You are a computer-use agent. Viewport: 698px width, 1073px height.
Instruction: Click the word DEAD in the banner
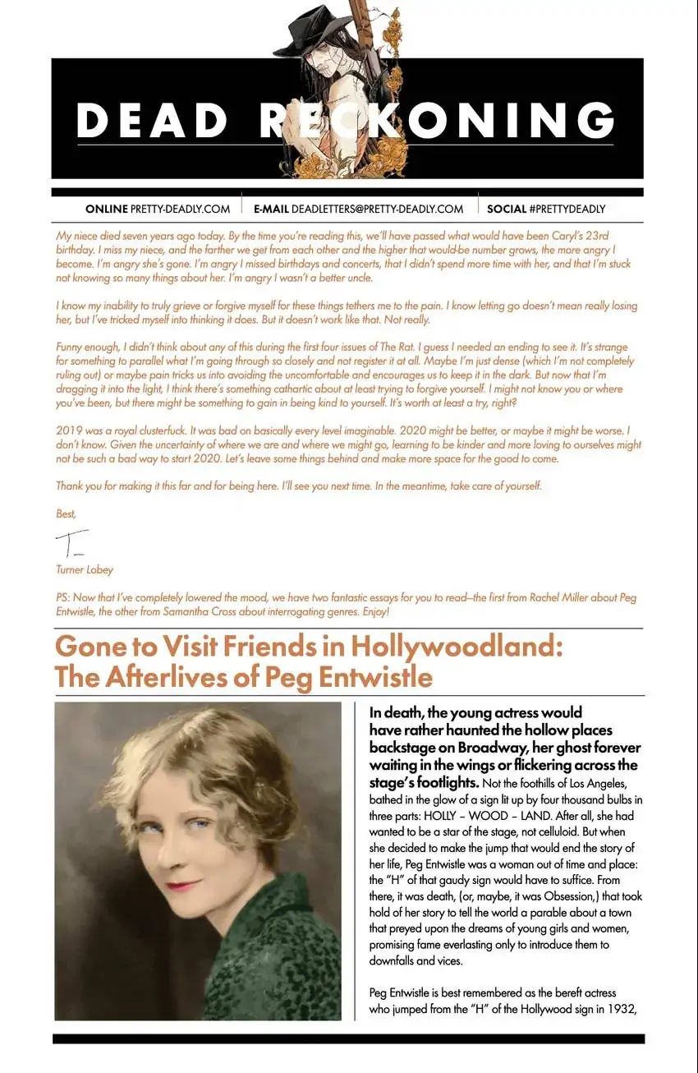pyautogui.click(x=153, y=121)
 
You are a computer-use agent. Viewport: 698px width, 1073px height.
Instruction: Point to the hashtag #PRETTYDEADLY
pyautogui.click(x=567, y=209)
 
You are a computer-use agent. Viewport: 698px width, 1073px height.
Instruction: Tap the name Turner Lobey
pyautogui.click(x=85, y=569)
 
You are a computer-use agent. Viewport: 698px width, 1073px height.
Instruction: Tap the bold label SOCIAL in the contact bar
pyautogui.click(x=506, y=209)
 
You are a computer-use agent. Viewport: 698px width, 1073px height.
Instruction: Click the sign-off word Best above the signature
pyautogui.click(x=65, y=513)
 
